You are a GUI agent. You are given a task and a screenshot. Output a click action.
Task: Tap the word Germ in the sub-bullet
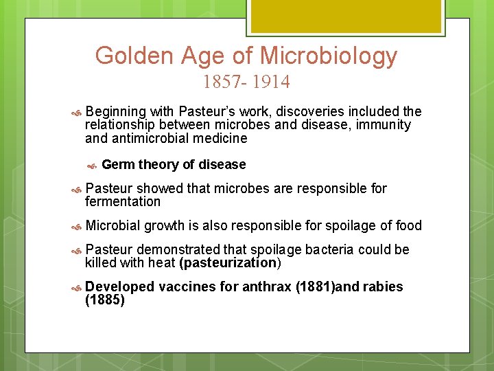tap(118, 164)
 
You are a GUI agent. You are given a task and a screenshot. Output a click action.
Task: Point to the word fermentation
tap(123, 201)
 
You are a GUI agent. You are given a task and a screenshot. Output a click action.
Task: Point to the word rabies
tap(384, 286)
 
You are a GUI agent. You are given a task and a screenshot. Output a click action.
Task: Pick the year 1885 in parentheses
tap(105, 300)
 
